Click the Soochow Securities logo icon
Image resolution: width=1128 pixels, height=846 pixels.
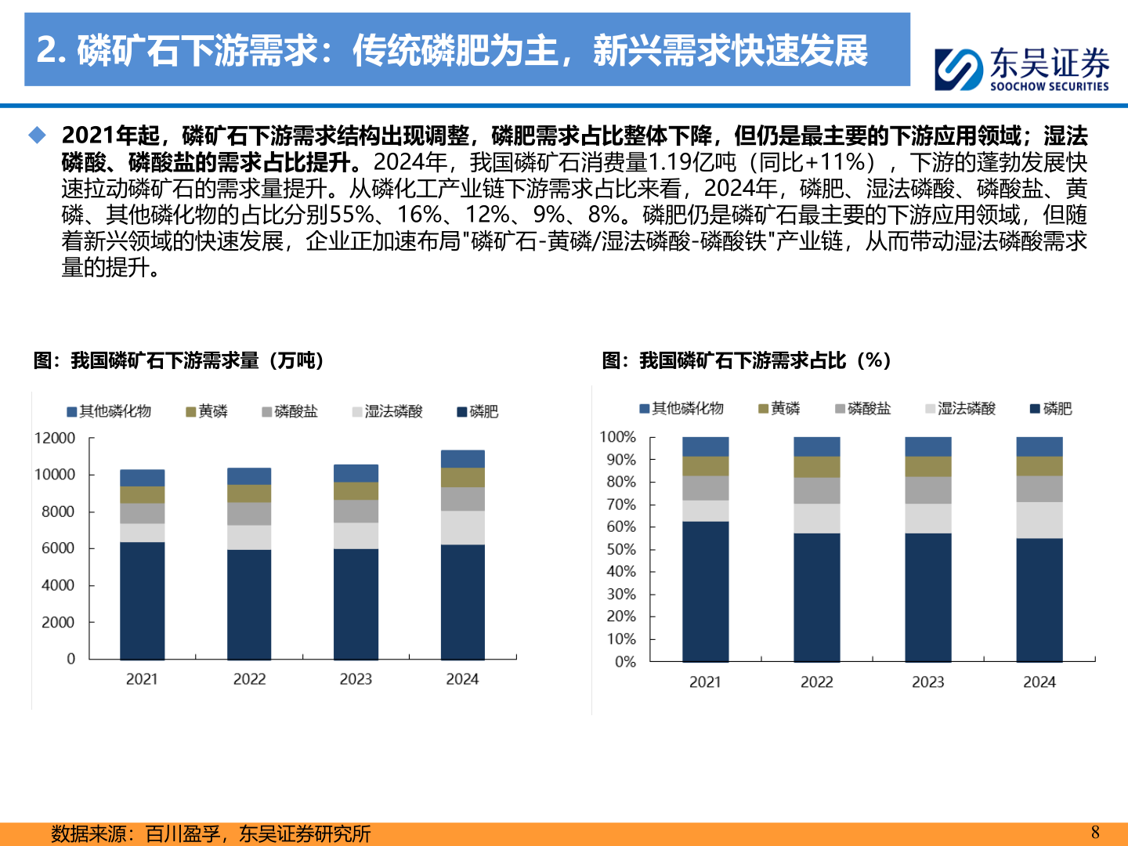(959, 69)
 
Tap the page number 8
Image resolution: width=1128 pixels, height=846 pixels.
(1095, 832)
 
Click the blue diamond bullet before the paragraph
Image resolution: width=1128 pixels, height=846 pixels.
(38, 136)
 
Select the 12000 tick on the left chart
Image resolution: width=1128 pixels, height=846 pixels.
(55, 438)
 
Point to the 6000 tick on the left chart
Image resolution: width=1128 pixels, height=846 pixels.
(58, 548)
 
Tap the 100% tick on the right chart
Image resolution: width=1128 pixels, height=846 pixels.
(617, 437)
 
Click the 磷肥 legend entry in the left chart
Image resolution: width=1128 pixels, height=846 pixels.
(478, 411)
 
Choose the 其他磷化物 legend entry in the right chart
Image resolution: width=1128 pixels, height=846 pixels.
(681, 408)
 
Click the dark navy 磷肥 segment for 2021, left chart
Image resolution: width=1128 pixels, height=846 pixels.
(142, 600)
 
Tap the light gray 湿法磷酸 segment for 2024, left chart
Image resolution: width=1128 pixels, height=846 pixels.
(462, 527)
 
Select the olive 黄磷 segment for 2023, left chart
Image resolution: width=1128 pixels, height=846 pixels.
(356, 490)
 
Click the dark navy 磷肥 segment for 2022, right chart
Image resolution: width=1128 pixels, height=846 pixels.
(816, 597)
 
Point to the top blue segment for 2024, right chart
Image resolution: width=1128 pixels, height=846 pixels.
(1039, 446)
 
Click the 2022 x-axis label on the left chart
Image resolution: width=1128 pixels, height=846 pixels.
(249, 679)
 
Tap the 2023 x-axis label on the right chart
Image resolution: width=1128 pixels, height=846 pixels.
(927, 682)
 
